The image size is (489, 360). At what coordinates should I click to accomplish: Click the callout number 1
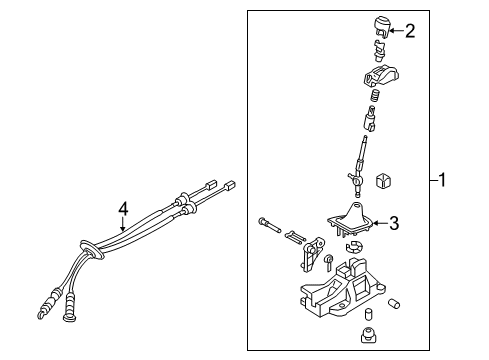pyautogui.click(x=442, y=180)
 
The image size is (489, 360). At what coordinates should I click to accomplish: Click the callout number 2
pyautogui.click(x=410, y=31)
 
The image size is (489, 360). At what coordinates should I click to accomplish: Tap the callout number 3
pyautogui.click(x=394, y=223)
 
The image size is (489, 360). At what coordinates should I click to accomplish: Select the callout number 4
pyautogui.click(x=123, y=209)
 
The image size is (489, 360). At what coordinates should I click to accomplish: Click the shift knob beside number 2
pyautogui.click(x=381, y=27)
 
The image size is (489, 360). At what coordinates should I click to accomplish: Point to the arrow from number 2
pyautogui.click(x=397, y=31)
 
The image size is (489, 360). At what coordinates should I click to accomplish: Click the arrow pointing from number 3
pyautogui.click(x=380, y=223)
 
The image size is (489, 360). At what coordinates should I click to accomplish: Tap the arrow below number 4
pyautogui.click(x=123, y=224)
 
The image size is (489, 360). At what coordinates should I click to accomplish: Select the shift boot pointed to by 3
pyautogui.click(x=349, y=220)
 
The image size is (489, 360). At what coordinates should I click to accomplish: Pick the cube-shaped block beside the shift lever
pyautogui.click(x=383, y=181)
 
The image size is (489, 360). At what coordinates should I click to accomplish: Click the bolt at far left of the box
pyautogui.click(x=269, y=225)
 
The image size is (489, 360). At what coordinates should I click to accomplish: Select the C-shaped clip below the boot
pyautogui.click(x=353, y=246)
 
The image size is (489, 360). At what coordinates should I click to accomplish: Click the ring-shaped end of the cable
pyautogui.click(x=69, y=316)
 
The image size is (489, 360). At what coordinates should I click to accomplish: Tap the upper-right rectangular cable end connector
pyautogui.click(x=231, y=185)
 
